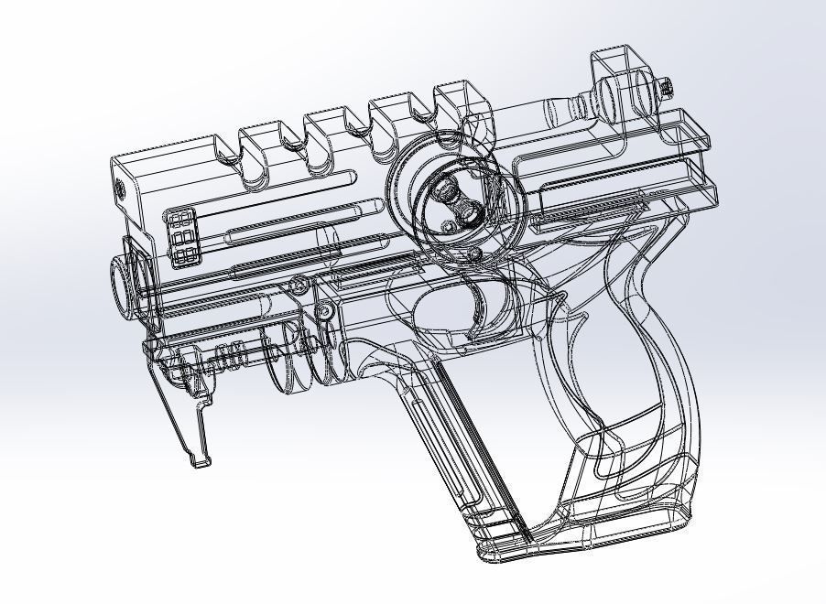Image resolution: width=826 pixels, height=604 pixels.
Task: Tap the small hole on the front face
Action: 120,190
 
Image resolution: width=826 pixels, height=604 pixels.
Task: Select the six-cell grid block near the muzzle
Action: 181,236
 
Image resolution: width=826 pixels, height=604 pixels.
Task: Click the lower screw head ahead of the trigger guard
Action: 323,313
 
